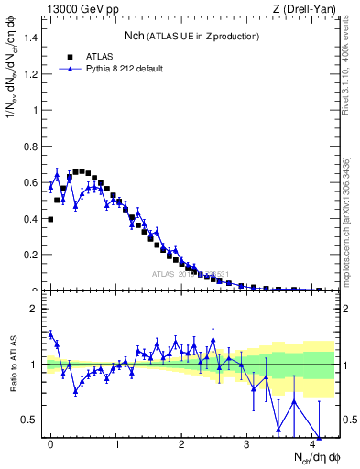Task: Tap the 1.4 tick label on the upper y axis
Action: [30, 38]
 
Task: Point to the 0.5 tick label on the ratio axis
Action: [30, 420]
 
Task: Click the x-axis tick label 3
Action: [247, 444]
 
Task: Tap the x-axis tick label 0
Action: [50, 444]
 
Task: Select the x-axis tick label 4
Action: [313, 444]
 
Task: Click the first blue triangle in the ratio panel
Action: [50, 333]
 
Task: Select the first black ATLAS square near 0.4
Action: [50, 219]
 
